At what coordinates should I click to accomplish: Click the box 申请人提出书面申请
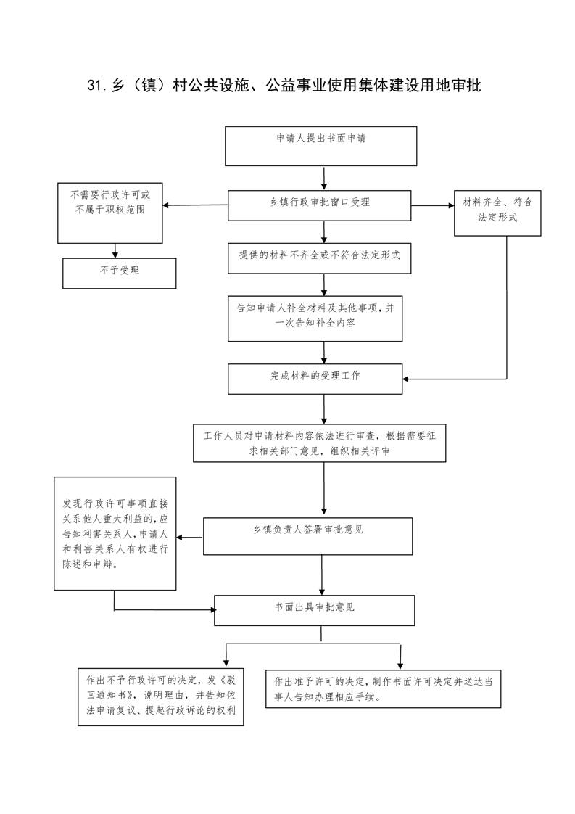320,147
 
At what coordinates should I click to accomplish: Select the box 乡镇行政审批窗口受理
320,205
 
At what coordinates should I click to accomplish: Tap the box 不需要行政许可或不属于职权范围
110,213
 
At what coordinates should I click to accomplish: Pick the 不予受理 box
120,274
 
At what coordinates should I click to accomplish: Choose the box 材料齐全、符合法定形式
497,213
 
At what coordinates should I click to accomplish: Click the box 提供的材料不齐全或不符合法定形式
320,258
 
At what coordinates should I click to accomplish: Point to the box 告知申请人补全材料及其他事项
315,318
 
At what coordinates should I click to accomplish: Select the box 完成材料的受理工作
315,379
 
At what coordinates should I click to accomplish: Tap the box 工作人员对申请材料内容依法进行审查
320,443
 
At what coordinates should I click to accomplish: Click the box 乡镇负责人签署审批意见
307,536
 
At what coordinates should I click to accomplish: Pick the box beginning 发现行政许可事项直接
115,534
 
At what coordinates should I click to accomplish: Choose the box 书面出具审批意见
315,611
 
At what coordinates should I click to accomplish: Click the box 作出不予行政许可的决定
161,697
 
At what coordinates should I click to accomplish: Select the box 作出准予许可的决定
384,689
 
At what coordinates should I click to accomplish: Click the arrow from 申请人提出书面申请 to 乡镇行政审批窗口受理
324,178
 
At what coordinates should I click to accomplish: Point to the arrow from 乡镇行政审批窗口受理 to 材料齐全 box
433,205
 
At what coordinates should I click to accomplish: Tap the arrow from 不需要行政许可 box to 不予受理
115,251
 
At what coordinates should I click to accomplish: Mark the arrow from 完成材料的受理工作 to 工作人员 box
324,409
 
